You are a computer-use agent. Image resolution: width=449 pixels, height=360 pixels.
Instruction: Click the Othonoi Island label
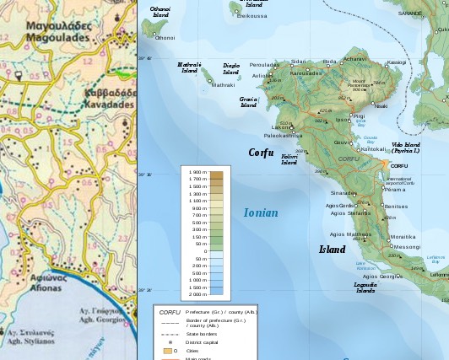point(160,12)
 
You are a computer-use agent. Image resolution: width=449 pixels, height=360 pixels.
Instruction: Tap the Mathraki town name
point(224,85)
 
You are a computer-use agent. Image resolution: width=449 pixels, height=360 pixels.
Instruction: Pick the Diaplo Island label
point(230,68)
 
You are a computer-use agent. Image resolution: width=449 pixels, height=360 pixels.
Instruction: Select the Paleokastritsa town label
point(283,135)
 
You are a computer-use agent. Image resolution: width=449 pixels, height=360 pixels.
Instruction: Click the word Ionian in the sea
point(261,213)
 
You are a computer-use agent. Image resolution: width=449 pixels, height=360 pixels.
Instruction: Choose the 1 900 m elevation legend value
point(197,172)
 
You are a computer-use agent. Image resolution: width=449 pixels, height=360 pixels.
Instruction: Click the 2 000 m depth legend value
point(197,295)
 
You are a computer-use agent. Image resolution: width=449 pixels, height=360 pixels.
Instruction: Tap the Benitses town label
point(396,207)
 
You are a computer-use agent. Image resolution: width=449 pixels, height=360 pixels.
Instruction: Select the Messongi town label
point(407,247)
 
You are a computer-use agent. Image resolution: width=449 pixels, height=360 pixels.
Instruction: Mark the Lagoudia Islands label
point(365,287)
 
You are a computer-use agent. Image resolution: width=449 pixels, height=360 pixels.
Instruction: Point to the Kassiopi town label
point(396,62)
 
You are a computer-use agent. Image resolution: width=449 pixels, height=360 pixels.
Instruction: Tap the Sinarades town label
point(344,193)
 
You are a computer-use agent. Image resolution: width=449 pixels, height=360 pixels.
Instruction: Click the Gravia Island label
point(248,102)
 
